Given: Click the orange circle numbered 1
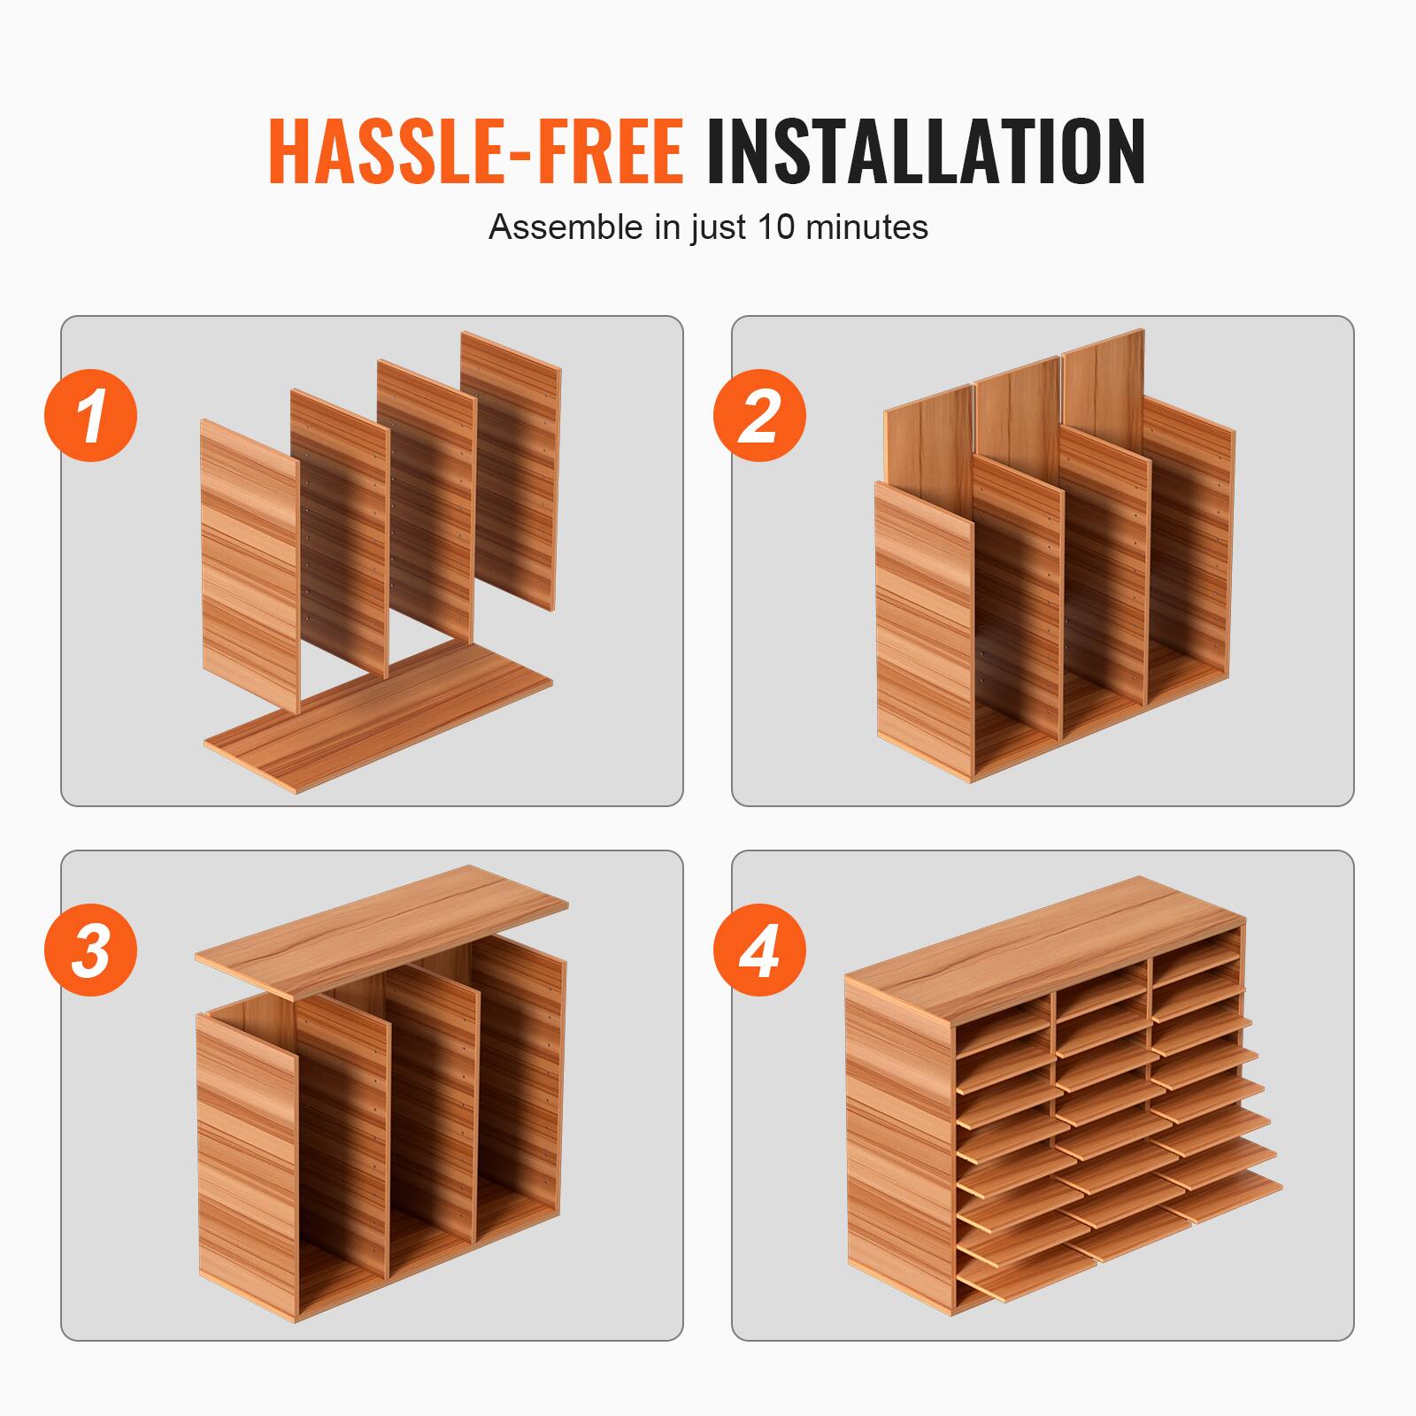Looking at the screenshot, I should coord(91,415).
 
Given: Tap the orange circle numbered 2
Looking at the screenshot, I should coord(759,415).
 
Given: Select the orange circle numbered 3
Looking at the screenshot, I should coord(91,950).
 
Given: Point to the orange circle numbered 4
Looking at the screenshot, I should coord(759,950).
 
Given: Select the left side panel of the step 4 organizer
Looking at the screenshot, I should coord(898,1150).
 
